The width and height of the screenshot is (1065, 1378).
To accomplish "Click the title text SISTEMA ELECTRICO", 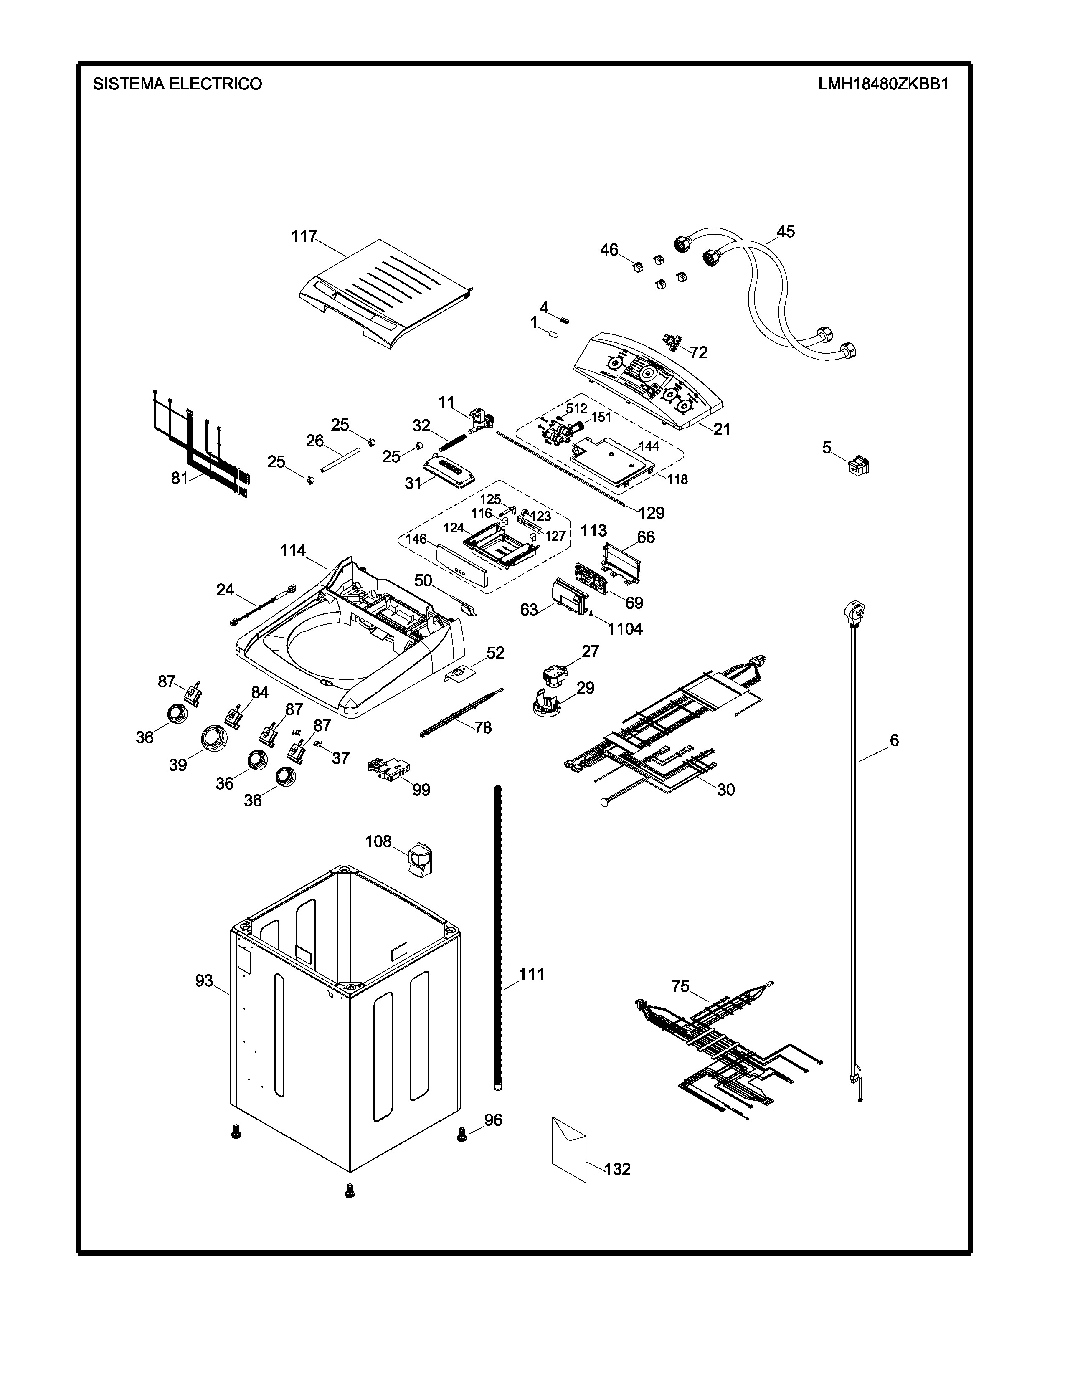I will (177, 84).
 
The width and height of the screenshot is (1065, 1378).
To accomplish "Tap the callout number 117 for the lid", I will (304, 237).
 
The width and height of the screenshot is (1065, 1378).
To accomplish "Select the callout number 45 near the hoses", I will (786, 232).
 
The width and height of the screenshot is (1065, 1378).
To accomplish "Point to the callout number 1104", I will (625, 628).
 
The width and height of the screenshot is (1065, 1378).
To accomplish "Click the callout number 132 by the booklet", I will (617, 1169).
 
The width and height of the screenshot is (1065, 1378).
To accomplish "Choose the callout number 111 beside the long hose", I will (531, 974).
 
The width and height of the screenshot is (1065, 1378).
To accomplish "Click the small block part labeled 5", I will (858, 466).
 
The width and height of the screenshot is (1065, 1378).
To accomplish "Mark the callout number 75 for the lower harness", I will (680, 985).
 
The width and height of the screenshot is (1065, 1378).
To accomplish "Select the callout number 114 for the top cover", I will (293, 551).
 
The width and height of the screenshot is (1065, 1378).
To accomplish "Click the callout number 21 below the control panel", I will (721, 429).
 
